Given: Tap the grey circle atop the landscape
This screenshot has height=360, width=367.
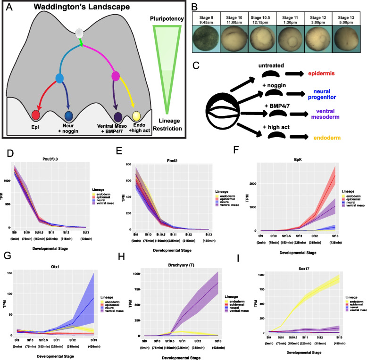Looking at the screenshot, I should pyautogui.click(x=80, y=33).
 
